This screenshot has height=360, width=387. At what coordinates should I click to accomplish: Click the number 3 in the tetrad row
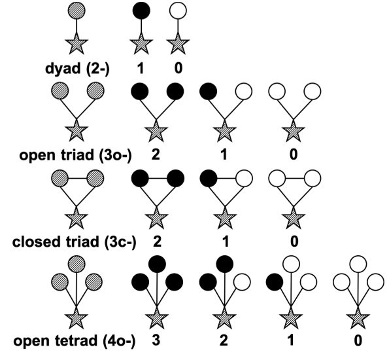tap(155, 342)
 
